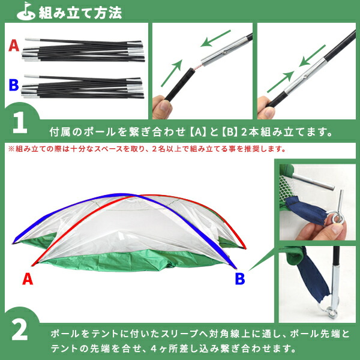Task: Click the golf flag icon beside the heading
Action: (26, 11)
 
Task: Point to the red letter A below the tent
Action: (27, 278)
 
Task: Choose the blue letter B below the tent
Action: (239, 278)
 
